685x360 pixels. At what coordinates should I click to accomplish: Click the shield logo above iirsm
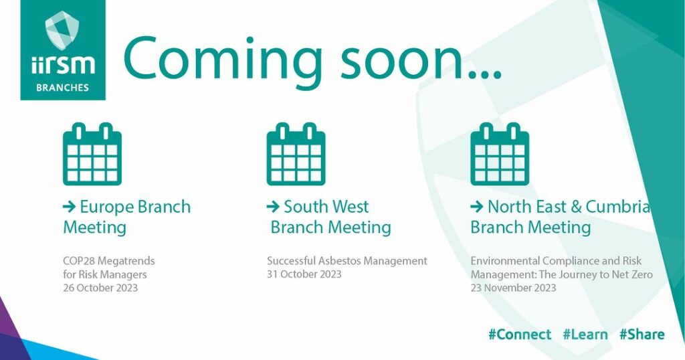(x=62, y=29)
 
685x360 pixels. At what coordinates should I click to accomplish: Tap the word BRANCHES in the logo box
(x=62, y=88)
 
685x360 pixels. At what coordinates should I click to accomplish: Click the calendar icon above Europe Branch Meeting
(x=92, y=154)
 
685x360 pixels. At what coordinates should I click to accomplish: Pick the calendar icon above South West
(x=296, y=154)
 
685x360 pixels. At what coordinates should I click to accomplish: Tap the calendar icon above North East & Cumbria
(x=500, y=154)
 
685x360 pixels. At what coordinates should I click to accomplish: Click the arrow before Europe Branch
(x=70, y=207)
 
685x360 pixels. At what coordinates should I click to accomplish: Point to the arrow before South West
(x=273, y=207)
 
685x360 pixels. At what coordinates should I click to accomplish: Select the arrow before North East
(x=476, y=207)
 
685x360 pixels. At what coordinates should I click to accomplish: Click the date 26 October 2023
(x=100, y=288)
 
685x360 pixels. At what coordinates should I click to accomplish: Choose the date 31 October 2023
(x=304, y=274)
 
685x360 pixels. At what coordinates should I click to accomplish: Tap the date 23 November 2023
(x=513, y=288)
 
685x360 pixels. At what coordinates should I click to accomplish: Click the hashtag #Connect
(x=520, y=335)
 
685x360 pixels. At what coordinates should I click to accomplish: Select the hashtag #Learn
(x=585, y=335)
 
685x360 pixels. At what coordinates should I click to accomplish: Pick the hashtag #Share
(x=642, y=335)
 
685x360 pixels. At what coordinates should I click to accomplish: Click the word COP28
(x=79, y=261)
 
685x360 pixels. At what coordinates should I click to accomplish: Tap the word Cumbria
(x=618, y=207)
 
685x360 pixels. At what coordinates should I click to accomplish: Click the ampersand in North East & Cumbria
(x=576, y=207)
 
